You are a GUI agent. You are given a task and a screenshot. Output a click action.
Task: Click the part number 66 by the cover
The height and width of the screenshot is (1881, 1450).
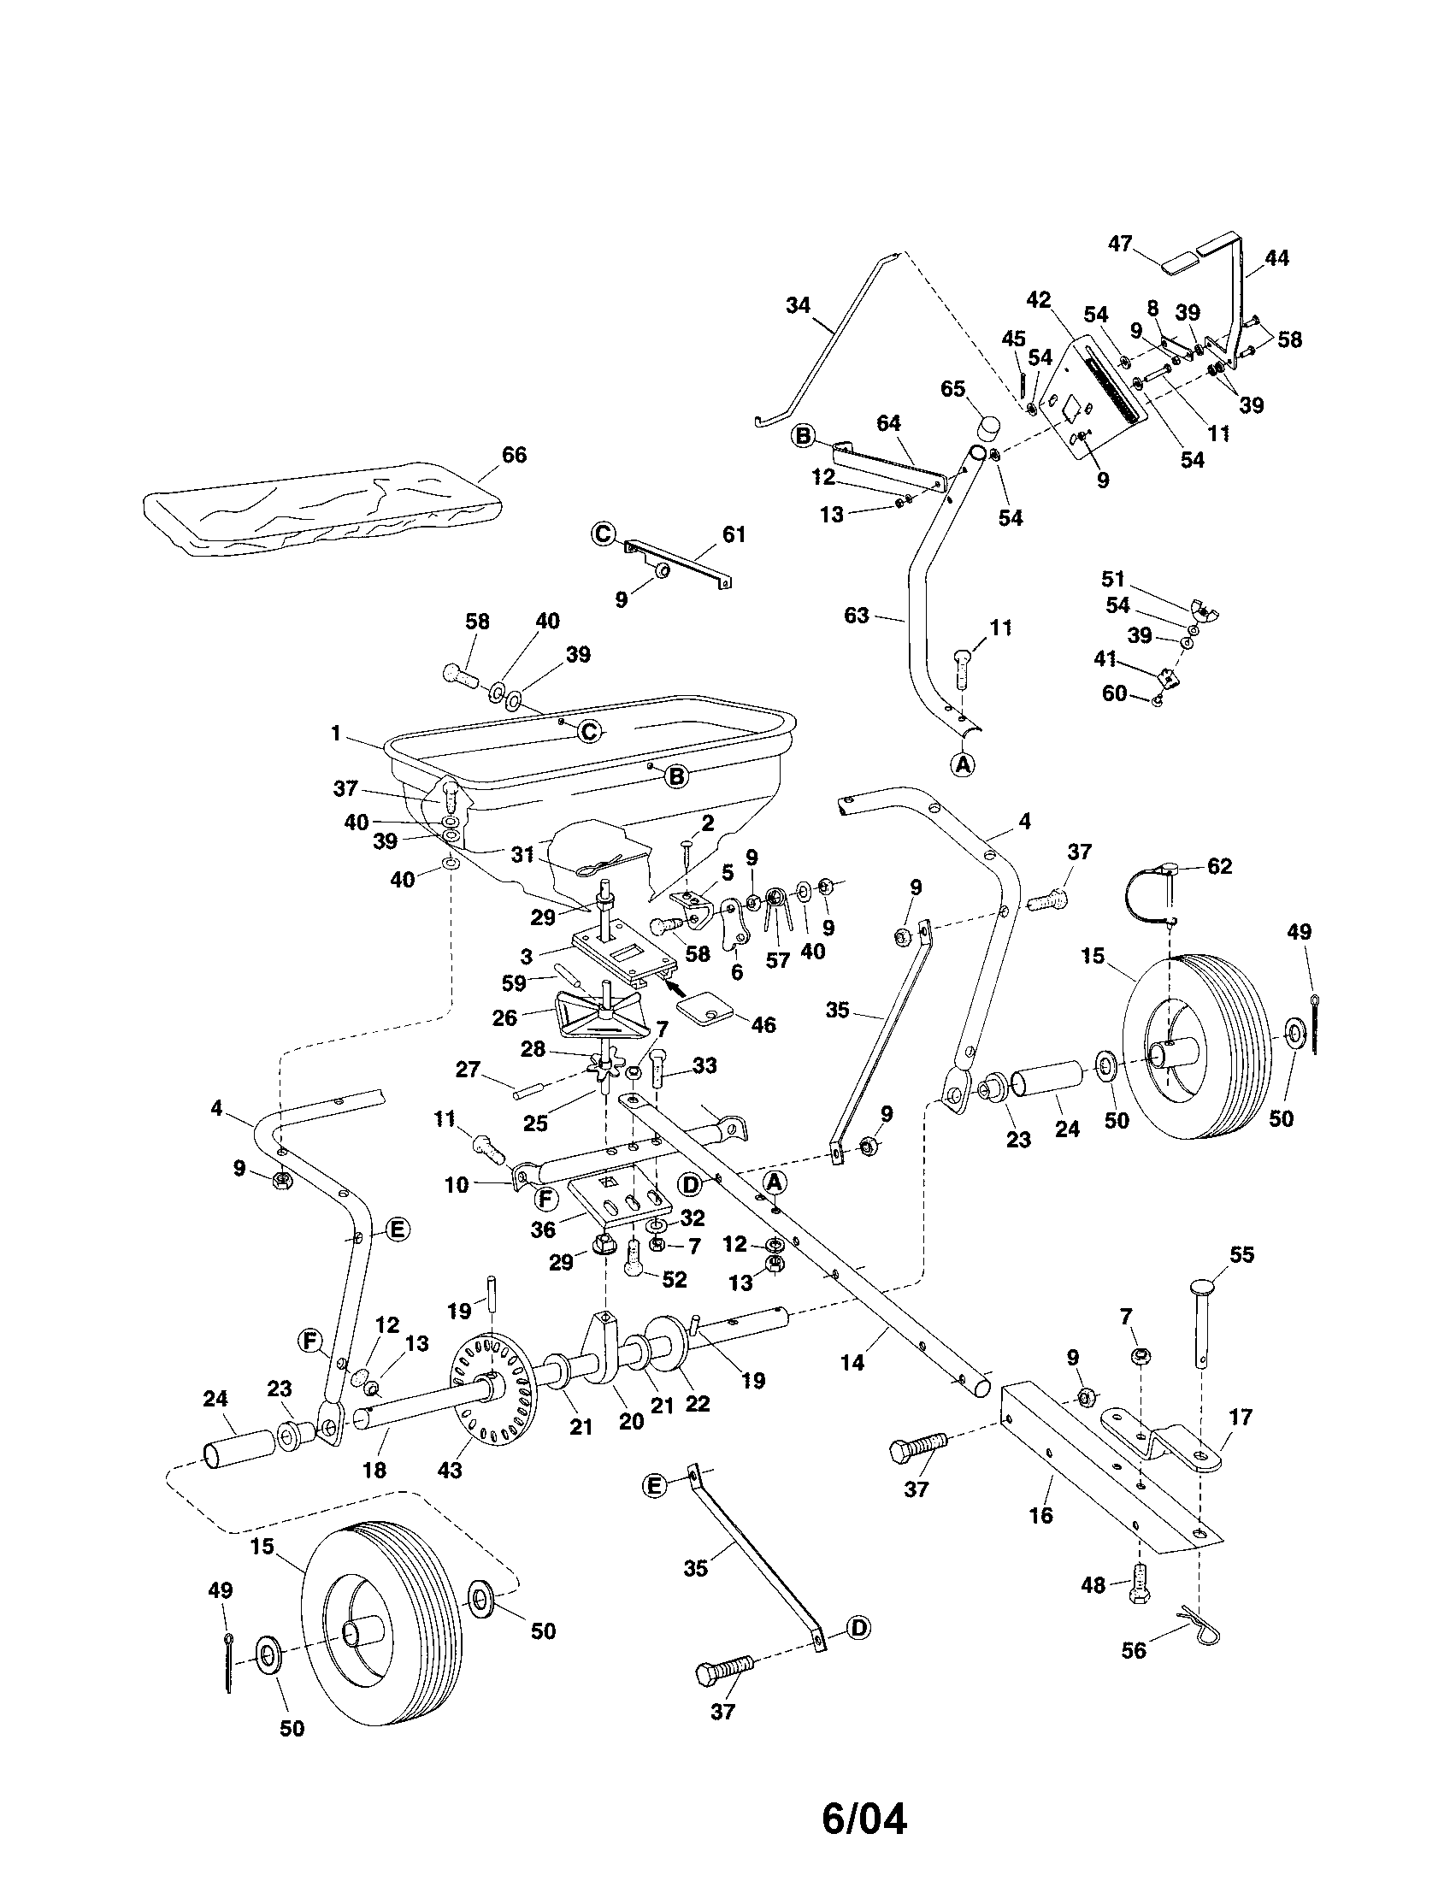click(x=514, y=455)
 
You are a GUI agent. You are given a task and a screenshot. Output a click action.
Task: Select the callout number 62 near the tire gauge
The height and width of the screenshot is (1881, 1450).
click(x=1219, y=866)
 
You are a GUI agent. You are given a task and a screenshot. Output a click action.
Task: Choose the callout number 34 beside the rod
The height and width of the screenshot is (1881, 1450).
click(x=799, y=306)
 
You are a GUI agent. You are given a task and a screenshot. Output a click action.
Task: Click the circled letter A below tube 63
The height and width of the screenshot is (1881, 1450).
click(x=964, y=763)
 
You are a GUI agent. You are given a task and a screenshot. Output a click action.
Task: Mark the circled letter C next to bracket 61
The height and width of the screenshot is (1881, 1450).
click(x=603, y=535)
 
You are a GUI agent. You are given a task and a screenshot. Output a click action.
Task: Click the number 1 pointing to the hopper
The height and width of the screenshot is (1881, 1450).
click(x=336, y=734)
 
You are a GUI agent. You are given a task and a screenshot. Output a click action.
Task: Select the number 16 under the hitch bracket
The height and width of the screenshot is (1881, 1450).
click(x=1040, y=1514)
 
